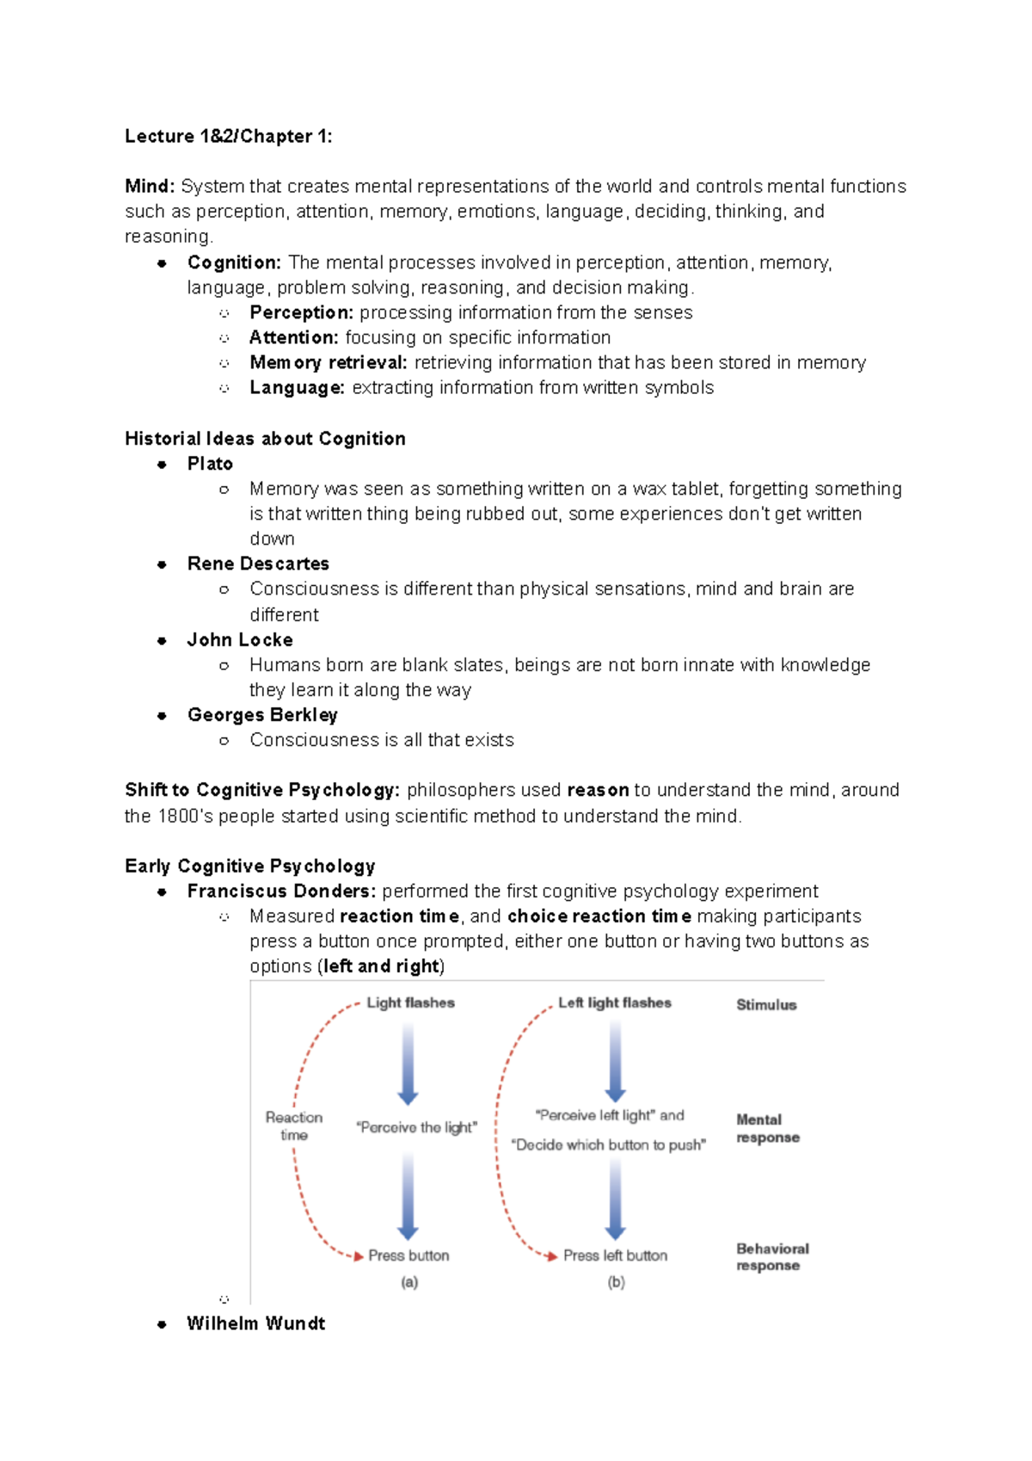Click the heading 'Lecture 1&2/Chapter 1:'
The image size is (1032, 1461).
point(228,136)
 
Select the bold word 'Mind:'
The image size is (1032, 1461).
point(150,187)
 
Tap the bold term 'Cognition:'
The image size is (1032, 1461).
point(234,262)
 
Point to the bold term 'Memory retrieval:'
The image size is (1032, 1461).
point(328,363)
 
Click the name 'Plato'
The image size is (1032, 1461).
point(210,464)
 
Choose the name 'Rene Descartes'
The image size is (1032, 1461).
point(258,564)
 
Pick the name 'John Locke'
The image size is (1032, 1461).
point(240,640)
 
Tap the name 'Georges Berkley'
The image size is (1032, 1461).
point(262,715)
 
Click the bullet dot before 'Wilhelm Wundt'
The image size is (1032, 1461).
point(162,1324)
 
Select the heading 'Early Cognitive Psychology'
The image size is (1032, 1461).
point(249,866)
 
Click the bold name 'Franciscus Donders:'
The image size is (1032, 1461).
point(281,891)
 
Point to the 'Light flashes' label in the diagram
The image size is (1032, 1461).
point(410,1003)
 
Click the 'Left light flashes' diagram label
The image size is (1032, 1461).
point(614,1003)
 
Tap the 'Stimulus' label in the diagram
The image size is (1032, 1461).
point(765,1005)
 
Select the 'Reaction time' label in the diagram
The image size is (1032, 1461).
point(294,1125)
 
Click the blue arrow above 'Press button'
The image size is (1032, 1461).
point(408,1196)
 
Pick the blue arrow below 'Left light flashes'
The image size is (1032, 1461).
point(615,1061)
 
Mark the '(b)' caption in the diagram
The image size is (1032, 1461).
point(616,1282)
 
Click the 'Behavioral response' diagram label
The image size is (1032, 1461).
point(771,1257)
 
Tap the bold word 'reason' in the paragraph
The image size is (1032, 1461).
point(598,791)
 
